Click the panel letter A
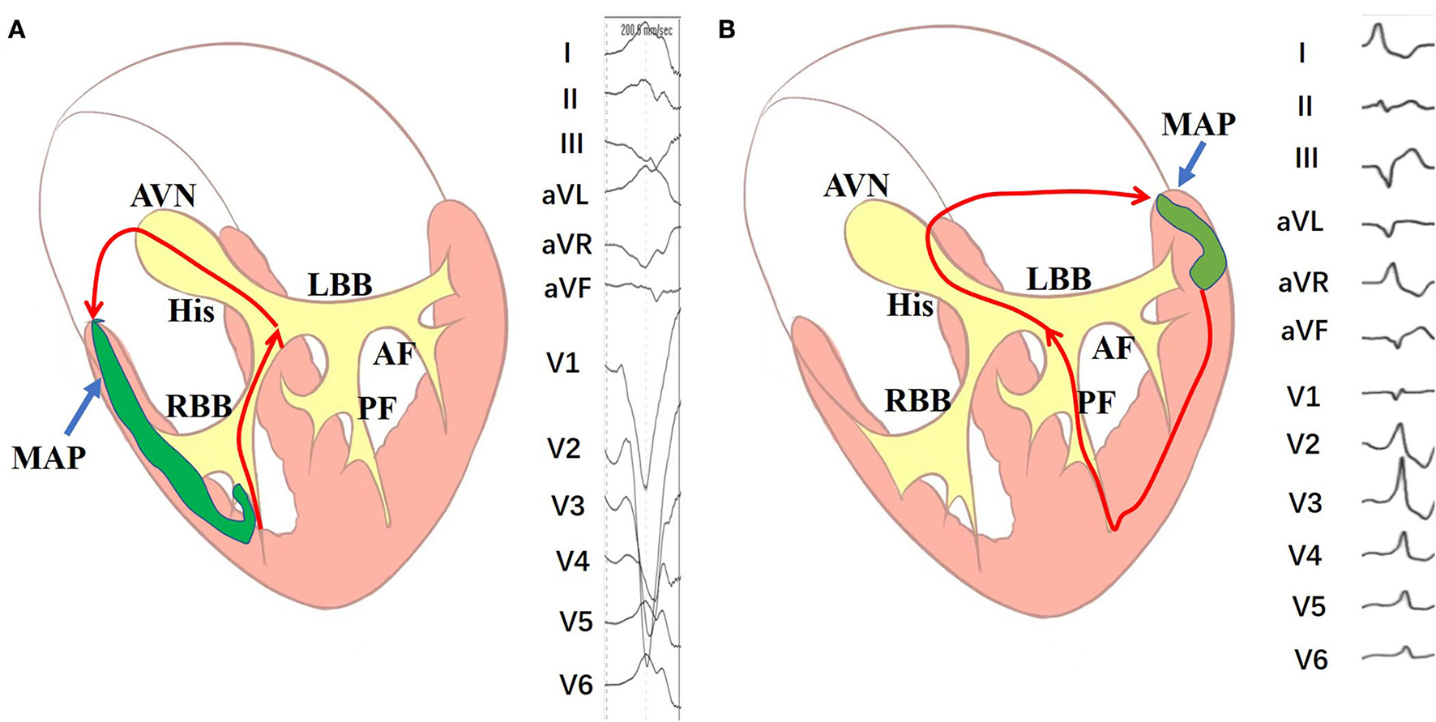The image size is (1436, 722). [17, 30]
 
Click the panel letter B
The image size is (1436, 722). [726, 30]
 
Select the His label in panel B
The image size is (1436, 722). [910, 305]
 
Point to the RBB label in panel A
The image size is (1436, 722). [199, 405]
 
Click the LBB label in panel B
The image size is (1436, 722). [1059, 279]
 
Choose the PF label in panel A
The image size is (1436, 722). [378, 408]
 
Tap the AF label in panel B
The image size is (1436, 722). [1112, 348]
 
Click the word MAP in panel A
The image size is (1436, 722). [49, 458]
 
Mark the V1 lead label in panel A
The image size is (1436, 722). [563, 362]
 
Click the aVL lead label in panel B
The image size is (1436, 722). [1300, 221]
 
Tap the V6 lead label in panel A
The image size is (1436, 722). [576, 685]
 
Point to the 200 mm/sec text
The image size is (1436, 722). [646, 30]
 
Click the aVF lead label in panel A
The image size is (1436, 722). [567, 288]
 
